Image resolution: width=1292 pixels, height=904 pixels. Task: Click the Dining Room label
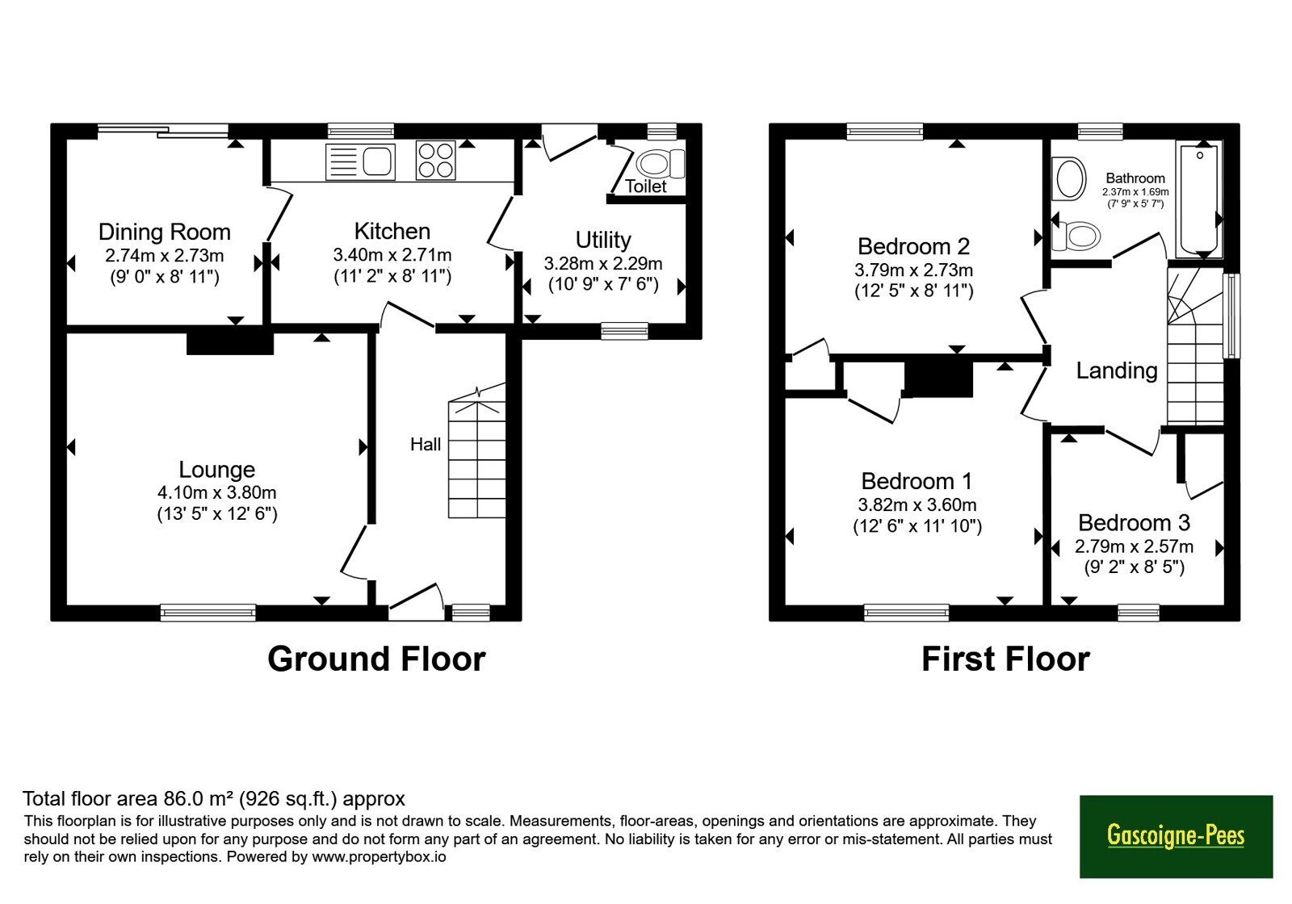tap(165, 232)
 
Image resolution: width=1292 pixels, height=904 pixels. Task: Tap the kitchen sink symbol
tap(360, 161)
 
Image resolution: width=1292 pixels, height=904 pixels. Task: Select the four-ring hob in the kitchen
tap(435, 161)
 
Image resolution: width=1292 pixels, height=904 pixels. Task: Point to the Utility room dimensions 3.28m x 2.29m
tap(602, 263)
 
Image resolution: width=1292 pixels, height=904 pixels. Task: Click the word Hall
tap(426, 444)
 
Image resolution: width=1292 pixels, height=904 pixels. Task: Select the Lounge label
tap(217, 469)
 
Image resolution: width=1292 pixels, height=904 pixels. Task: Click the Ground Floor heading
tap(376, 659)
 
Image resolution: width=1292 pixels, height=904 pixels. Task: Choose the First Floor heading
tap(1006, 659)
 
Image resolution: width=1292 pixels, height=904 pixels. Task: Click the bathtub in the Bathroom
tap(1198, 199)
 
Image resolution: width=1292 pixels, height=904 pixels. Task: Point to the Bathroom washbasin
tap(1069, 179)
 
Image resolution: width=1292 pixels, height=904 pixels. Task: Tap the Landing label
tap(1118, 370)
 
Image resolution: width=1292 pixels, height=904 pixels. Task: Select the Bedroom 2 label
tap(913, 246)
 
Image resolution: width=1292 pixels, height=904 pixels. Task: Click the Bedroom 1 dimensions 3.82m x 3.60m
tap(917, 505)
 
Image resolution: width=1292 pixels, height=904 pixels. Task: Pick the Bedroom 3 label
tap(1134, 523)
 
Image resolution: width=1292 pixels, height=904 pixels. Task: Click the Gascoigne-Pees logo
tap(1176, 836)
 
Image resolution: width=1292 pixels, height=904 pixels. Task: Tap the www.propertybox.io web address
tap(379, 856)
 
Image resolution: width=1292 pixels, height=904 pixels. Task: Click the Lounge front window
tap(208, 613)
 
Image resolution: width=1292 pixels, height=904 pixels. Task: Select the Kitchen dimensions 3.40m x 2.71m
tap(392, 255)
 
